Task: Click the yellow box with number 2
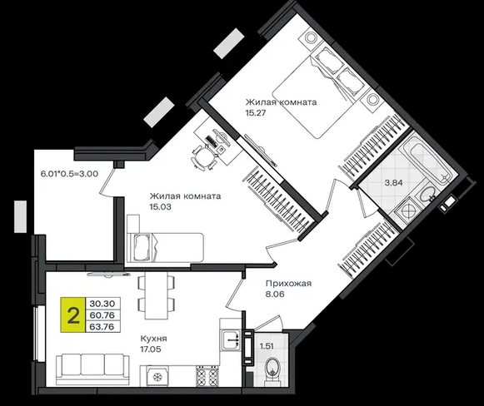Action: (x=72, y=315)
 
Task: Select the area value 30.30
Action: (x=102, y=304)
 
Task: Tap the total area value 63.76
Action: (x=102, y=326)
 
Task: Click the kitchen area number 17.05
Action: (x=151, y=349)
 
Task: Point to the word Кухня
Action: (x=154, y=339)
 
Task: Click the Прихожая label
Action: (x=288, y=284)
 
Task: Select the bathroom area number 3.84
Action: (x=393, y=183)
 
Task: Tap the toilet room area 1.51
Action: (x=267, y=346)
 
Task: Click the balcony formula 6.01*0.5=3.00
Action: (x=69, y=174)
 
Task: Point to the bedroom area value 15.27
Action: (x=256, y=113)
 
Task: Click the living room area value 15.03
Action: (x=160, y=207)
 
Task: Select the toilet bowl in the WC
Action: (x=272, y=371)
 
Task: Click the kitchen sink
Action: (x=230, y=340)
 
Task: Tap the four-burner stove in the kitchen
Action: (x=207, y=376)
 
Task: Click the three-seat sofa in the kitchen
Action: (x=92, y=369)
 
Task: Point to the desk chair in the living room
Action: (x=203, y=157)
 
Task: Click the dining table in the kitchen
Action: (x=156, y=296)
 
